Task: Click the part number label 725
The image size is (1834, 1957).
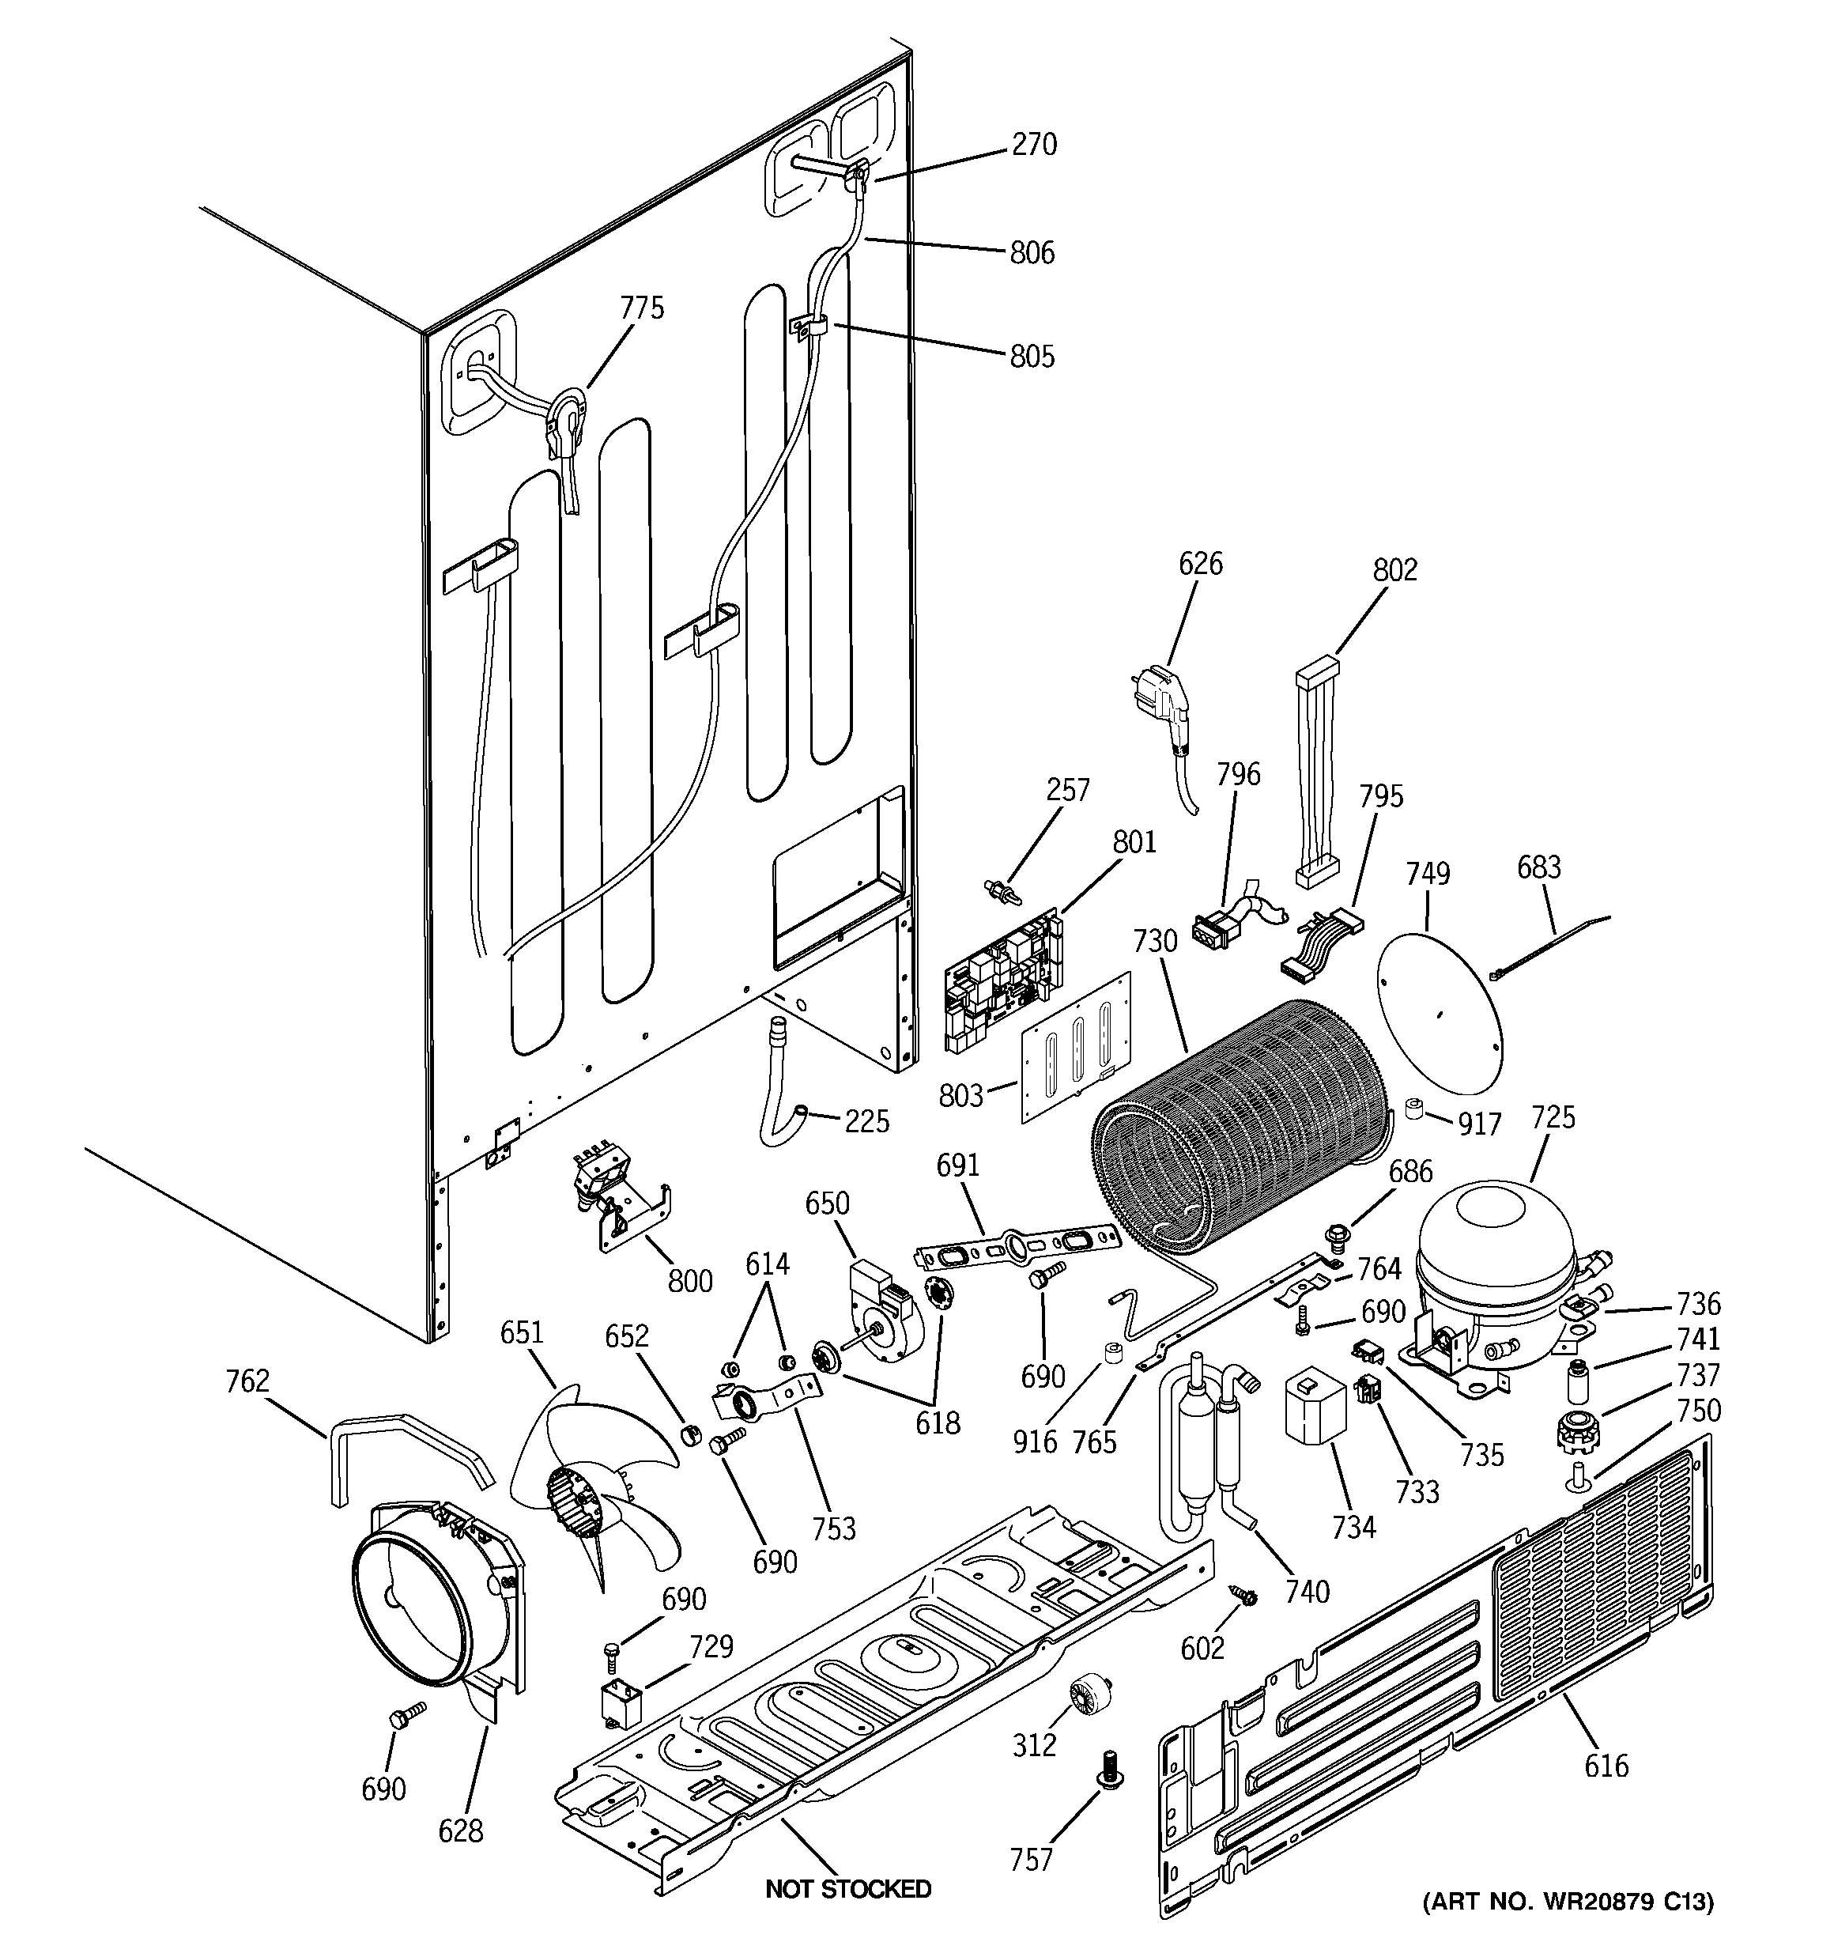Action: (1553, 1117)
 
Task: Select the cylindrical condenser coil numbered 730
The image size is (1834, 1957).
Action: (1240, 1132)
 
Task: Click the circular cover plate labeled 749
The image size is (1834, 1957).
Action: (1440, 1016)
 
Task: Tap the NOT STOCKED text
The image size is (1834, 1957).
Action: (848, 1889)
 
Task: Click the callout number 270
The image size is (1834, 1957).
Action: (1034, 145)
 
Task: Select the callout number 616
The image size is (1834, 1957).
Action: (1606, 1766)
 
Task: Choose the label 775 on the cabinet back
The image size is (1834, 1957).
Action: (642, 308)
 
